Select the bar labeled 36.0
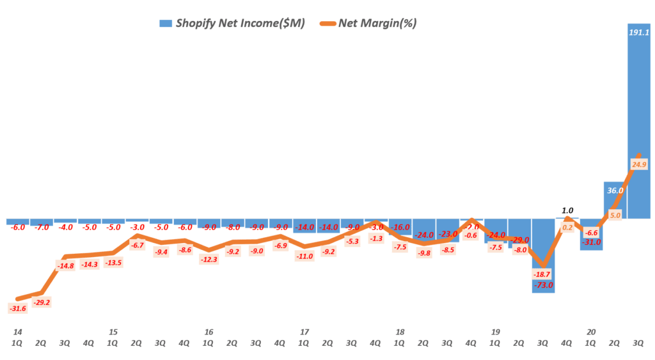pyautogui.click(x=615, y=200)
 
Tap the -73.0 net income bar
pyautogui.click(x=543, y=256)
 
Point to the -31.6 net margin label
pyautogui.click(x=18, y=308)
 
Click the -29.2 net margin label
pyautogui.click(x=42, y=302)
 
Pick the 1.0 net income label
pyautogui.click(x=567, y=210)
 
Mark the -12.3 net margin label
pyautogui.click(x=209, y=259)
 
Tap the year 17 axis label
pyautogui.click(x=304, y=332)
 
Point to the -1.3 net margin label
pyautogui.click(x=376, y=239)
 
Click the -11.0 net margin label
pyautogui.click(x=304, y=256)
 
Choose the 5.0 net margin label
pyautogui.click(x=615, y=215)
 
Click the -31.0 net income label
pyautogui.click(x=591, y=242)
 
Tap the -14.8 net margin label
pyautogui.click(x=66, y=266)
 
